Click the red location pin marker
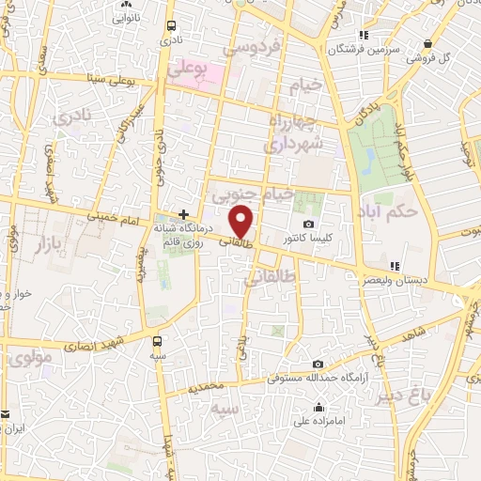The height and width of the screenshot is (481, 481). pyautogui.click(x=242, y=222)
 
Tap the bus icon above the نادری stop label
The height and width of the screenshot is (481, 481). pyautogui.click(x=169, y=27)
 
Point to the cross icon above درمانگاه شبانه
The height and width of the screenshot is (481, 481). pyautogui.click(x=183, y=214)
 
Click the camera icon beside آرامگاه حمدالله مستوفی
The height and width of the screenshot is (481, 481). pyautogui.click(x=318, y=364)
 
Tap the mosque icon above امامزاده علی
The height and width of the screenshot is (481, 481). pyautogui.click(x=319, y=408)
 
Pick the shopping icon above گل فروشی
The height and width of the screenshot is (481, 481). pyautogui.click(x=428, y=42)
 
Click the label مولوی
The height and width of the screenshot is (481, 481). pyautogui.click(x=27, y=357)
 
